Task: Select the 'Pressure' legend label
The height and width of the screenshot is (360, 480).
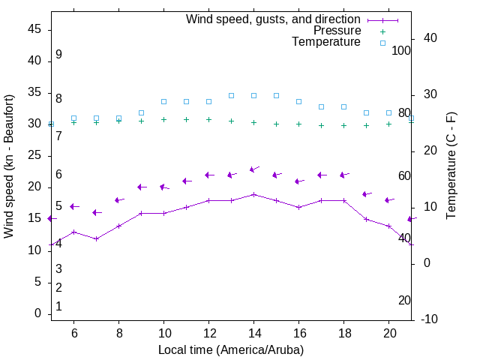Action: (x=337, y=31)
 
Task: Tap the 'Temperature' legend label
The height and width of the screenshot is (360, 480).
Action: (x=326, y=42)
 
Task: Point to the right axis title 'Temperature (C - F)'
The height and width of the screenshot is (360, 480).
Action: (x=451, y=166)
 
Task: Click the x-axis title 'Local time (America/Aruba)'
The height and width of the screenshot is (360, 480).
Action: (x=231, y=349)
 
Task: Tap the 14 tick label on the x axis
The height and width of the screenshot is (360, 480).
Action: (x=253, y=333)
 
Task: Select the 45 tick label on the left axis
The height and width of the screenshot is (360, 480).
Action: (x=34, y=29)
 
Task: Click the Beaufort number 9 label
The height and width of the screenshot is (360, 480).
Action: (x=58, y=55)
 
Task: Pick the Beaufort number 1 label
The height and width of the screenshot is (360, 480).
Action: (x=58, y=306)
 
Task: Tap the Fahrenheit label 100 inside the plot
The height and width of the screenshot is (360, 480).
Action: (x=401, y=50)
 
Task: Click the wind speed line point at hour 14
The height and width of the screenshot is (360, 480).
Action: (x=253, y=194)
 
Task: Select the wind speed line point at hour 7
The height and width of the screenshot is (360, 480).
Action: (x=96, y=238)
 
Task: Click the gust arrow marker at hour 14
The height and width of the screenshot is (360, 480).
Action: (x=253, y=169)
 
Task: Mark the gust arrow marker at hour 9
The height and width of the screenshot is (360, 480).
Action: (x=141, y=187)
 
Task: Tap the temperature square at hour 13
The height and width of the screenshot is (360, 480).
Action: (x=231, y=96)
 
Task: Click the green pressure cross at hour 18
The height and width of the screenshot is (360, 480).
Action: (x=343, y=125)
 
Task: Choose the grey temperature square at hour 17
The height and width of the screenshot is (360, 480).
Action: (x=321, y=107)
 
